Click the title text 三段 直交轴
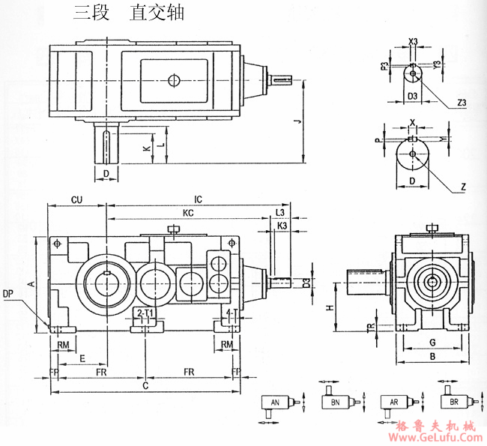128,13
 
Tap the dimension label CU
76,200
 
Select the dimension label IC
198,200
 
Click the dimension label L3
280,214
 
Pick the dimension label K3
282,226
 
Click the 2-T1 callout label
145,312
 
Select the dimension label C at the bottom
145,385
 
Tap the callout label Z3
461,103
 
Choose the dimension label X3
414,42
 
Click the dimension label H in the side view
330,307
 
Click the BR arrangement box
454,402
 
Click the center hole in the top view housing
174,80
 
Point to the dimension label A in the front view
30,284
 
